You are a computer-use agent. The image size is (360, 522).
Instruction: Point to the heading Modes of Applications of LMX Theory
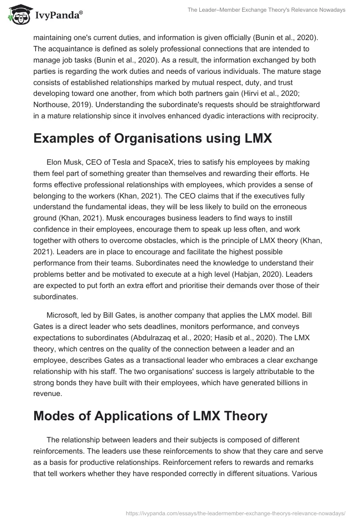click(150, 416)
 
